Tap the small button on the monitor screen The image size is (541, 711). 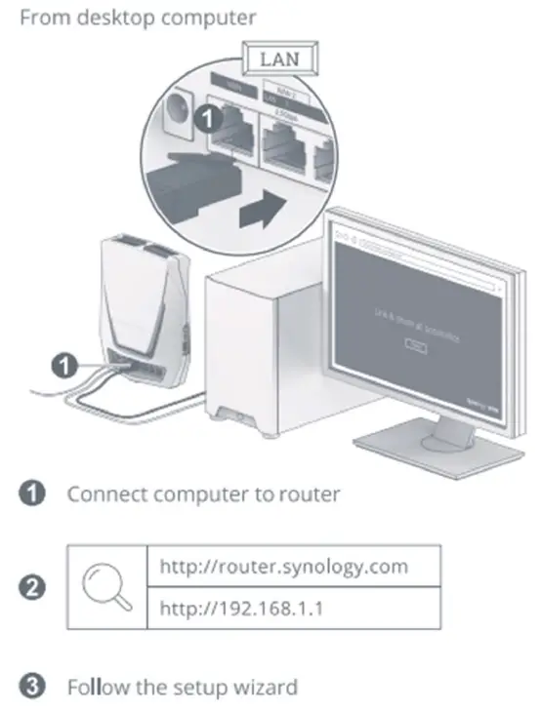coord(417,344)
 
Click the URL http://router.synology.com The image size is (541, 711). coord(283,566)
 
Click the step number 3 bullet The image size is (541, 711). coord(30,687)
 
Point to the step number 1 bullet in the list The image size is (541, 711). coord(30,494)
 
